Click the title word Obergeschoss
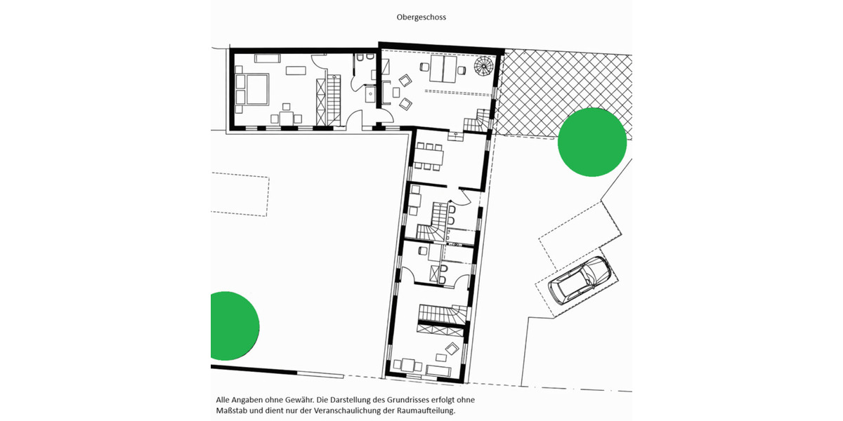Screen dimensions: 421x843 [421, 17]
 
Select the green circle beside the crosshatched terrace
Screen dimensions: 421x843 [592, 142]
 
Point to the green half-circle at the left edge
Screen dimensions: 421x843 [232, 326]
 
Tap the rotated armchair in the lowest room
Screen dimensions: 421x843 [451, 348]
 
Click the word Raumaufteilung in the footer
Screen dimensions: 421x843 [424, 410]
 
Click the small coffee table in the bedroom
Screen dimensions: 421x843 [296, 70]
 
